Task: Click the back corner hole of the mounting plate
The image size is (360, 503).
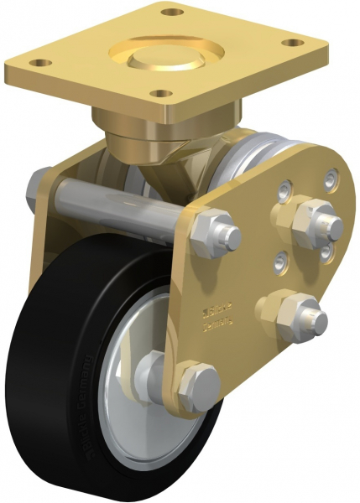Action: pyautogui.click(x=173, y=13)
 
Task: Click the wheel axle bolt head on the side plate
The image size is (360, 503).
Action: pyautogui.click(x=198, y=384)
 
